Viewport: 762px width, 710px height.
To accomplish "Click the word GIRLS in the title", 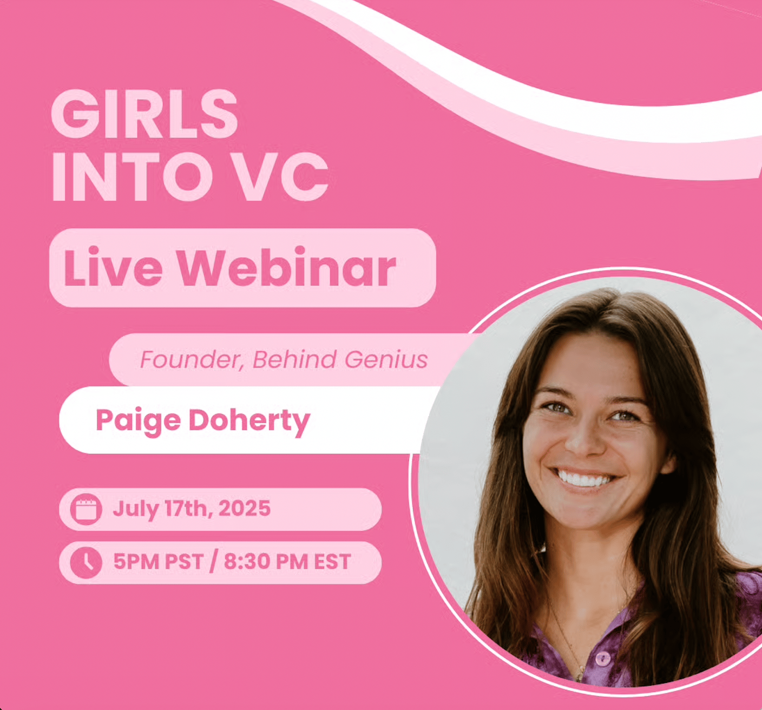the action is click(144, 114).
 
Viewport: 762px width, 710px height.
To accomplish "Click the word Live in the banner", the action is click(113, 267).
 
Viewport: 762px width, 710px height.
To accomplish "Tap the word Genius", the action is click(386, 360).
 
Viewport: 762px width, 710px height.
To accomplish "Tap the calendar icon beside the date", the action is click(86, 509).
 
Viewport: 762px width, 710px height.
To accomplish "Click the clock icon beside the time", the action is click(86, 563).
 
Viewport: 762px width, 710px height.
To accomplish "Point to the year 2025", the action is click(245, 508).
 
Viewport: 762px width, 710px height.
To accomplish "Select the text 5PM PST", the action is click(158, 562).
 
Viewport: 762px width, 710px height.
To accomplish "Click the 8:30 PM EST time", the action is click(287, 562).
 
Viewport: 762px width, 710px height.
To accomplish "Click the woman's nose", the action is click(583, 439).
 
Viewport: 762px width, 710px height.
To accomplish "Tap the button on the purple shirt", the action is click(603, 659).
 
